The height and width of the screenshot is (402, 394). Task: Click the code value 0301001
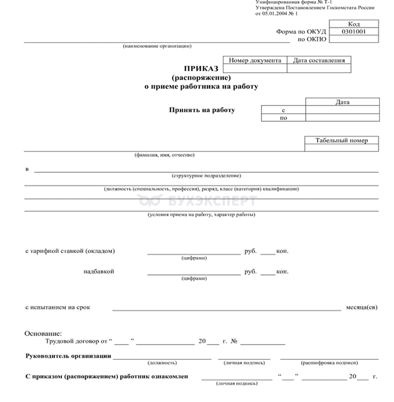click(x=353, y=31)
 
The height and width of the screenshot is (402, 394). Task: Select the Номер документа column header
click(x=255, y=60)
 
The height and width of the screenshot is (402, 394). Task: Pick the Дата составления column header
click(x=319, y=60)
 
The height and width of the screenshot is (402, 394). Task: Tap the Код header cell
click(x=353, y=24)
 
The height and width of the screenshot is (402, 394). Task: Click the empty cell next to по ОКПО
click(x=353, y=39)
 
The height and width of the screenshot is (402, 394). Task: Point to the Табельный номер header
click(x=342, y=141)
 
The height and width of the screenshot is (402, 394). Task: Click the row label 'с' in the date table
click(x=283, y=110)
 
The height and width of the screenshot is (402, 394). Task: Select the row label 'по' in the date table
click(x=283, y=118)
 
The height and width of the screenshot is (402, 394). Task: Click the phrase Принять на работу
click(x=202, y=110)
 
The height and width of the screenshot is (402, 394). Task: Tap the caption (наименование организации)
click(x=157, y=46)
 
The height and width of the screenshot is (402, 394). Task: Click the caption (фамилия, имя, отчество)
click(x=165, y=155)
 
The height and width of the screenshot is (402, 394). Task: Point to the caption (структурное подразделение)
click(x=206, y=176)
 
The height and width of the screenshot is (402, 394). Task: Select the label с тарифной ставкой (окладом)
click(x=70, y=251)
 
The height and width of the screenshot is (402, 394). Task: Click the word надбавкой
click(x=99, y=272)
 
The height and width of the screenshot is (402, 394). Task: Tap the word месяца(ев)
click(x=361, y=307)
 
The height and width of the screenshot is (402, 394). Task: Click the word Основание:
click(x=43, y=334)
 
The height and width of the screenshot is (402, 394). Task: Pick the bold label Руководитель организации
click(x=69, y=356)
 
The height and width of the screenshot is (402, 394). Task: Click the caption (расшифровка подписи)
click(x=329, y=363)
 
